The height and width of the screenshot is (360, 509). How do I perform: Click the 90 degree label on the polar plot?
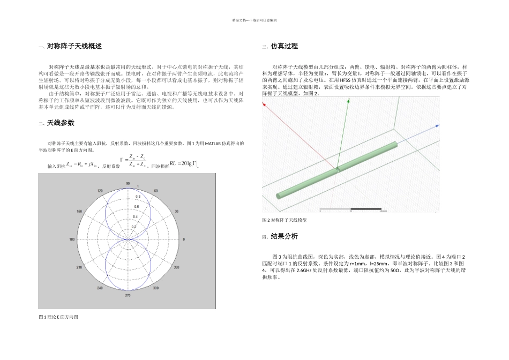[x=128, y=183]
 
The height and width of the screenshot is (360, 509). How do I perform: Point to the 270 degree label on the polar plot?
[x=128, y=295]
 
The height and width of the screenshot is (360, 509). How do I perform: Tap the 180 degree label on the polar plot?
[x=72, y=239]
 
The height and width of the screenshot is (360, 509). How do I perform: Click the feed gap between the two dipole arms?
[x=338, y=169]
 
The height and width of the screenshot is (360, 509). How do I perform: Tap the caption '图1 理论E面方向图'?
[x=58, y=317]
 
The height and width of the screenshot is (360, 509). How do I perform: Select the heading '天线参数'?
[x=61, y=123]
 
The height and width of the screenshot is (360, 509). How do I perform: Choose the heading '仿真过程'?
[x=284, y=47]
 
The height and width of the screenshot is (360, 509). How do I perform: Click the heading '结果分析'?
[x=284, y=237]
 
